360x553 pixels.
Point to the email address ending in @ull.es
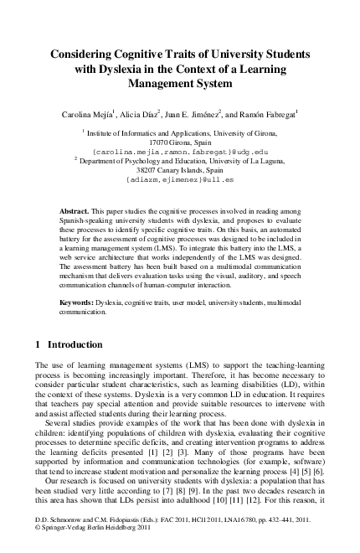(179, 180)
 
